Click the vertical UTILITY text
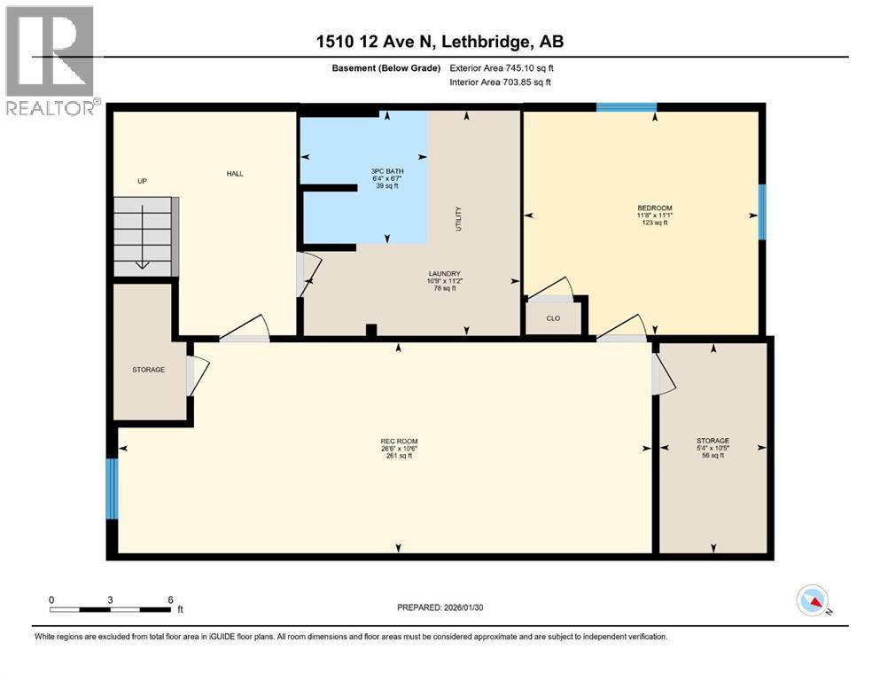pyautogui.click(x=458, y=219)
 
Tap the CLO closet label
pyautogui.click(x=553, y=317)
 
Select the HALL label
pyautogui.click(x=234, y=173)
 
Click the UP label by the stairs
pyautogui.click(x=142, y=181)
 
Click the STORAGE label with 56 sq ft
pyautogui.click(x=713, y=441)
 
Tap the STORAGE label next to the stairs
pyautogui.click(x=148, y=369)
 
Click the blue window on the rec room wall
pyautogui.click(x=112, y=488)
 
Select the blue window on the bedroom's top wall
pyautogui.click(x=626, y=107)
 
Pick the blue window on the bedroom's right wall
pyautogui.click(x=761, y=212)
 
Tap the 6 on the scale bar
pyautogui.click(x=169, y=599)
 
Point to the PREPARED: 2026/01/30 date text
pyautogui.click(x=440, y=607)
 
